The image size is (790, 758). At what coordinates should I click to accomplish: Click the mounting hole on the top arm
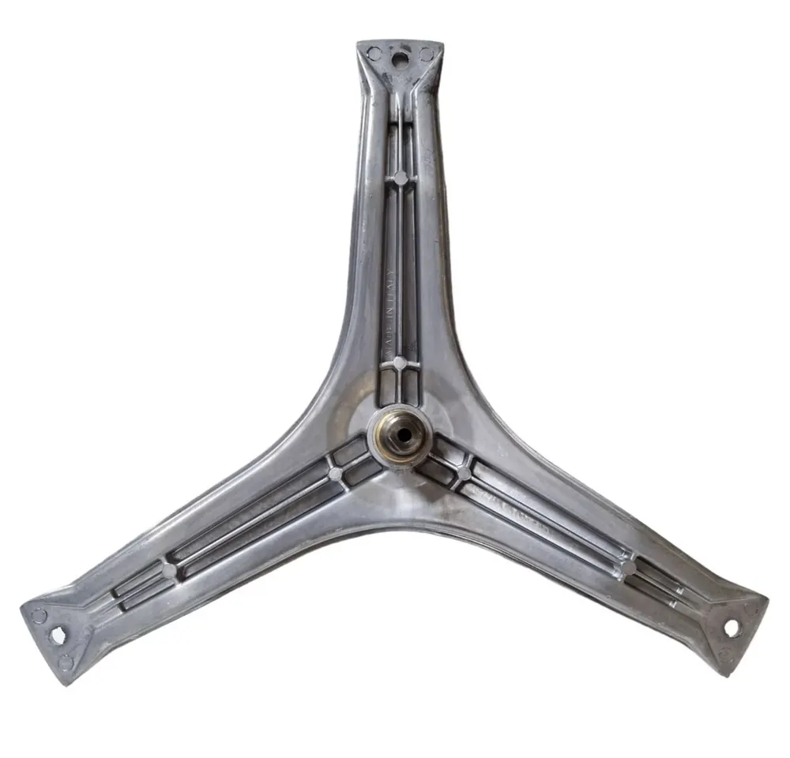[401, 57]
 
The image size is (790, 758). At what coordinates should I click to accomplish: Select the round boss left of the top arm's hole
[374, 54]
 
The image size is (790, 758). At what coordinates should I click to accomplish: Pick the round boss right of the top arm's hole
[427, 54]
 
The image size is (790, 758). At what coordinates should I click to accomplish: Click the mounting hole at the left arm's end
[57, 635]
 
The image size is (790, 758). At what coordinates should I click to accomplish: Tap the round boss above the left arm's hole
[39, 615]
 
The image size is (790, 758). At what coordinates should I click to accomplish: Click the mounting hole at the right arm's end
[732, 628]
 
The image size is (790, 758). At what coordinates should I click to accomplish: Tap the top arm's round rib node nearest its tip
[401, 178]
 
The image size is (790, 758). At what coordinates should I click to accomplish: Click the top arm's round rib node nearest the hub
[400, 363]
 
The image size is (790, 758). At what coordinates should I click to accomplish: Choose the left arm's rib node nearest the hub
[335, 474]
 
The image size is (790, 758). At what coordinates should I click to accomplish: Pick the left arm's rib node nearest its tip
[169, 570]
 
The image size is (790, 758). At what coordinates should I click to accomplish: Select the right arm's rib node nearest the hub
[464, 473]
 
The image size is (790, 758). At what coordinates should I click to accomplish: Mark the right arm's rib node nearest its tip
[630, 568]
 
